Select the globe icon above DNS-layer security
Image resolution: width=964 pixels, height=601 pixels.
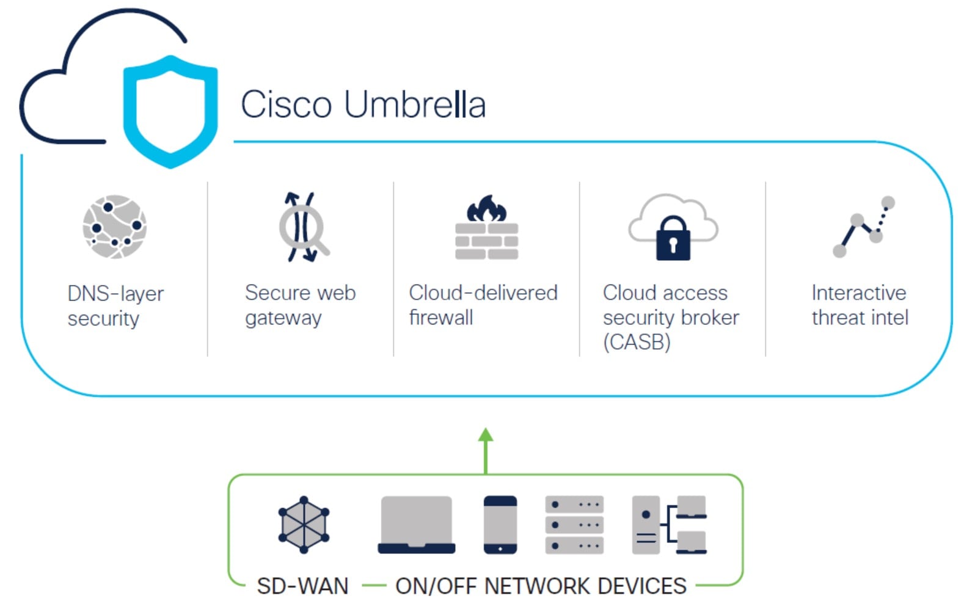[115, 227]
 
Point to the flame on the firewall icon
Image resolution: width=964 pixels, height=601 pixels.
[486, 209]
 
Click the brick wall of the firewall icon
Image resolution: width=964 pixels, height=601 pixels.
[486, 241]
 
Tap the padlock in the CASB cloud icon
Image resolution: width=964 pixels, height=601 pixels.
[673, 239]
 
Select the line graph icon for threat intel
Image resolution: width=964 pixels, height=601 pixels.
[863, 227]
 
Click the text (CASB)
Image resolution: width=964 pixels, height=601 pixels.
[637, 342]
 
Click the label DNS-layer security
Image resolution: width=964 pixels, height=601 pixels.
[115, 305]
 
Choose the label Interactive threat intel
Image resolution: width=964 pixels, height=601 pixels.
[859, 305]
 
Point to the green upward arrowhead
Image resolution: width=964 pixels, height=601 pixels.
[486, 435]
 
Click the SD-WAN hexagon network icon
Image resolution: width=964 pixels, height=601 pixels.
[304, 525]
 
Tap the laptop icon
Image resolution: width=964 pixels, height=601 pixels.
[416, 525]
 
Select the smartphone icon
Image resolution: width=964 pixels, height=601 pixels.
[500, 525]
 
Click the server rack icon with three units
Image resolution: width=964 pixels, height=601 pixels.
[574, 525]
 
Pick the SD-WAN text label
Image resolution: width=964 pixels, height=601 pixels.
[302, 586]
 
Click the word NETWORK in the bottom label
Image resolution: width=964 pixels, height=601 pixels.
[538, 586]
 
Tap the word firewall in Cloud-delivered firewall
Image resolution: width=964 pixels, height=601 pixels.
[440, 318]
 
